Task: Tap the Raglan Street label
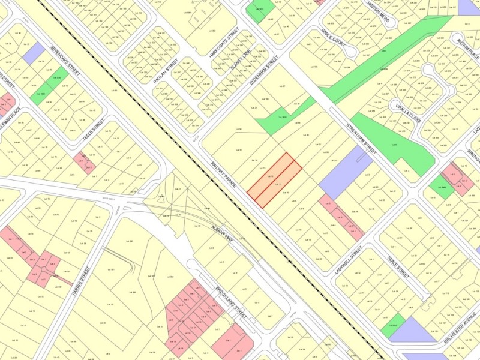click(166, 71)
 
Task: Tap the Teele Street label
click(94, 129)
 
